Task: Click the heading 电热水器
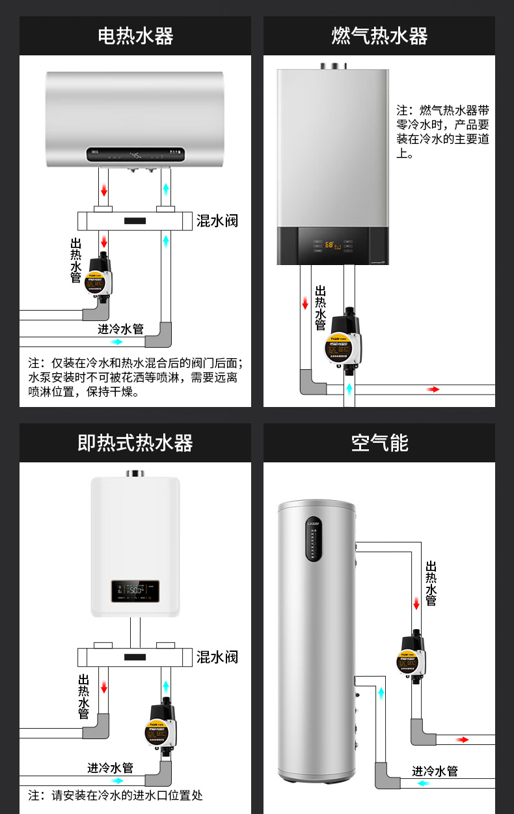[135, 36]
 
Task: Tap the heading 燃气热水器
[379, 36]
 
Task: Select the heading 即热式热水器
[135, 443]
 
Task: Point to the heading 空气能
[379, 443]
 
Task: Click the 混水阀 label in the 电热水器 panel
[217, 221]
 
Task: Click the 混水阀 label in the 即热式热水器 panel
[217, 657]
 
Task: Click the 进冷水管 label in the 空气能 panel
[435, 771]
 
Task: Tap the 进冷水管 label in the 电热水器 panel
[120, 329]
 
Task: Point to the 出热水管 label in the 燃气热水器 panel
[320, 307]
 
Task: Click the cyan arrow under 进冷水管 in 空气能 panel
[424, 783]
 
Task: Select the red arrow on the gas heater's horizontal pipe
[433, 389]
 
